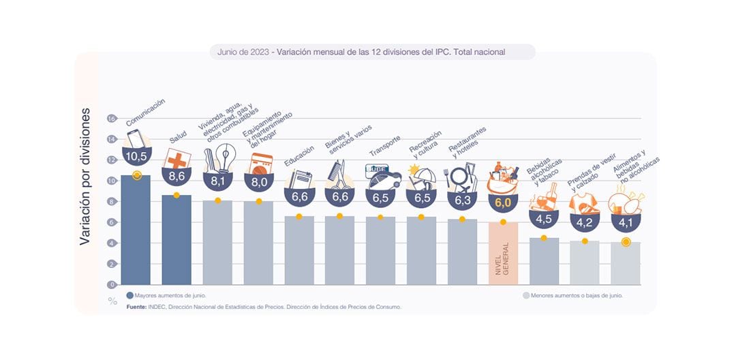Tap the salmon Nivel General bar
point(503,253)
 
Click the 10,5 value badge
point(136,156)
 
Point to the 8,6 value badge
point(177,176)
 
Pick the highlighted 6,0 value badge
point(503,202)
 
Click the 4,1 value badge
point(625,222)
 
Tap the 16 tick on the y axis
point(112,119)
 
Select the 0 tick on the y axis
point(112,284)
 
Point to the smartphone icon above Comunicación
point(134,138)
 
